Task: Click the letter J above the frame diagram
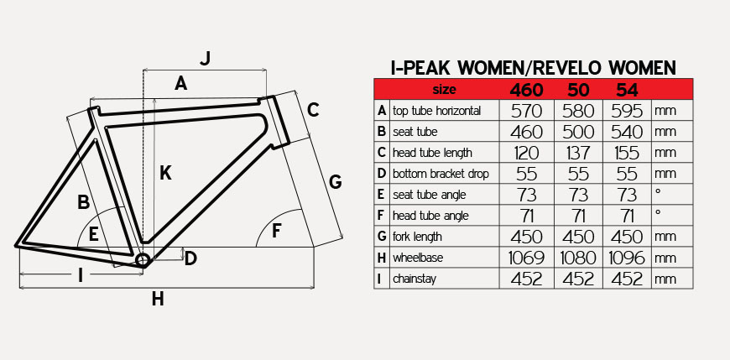pos(206,58)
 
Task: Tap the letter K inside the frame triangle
pos(165,173)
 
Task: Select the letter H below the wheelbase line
pos(158,299)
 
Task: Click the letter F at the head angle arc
pos(277,231)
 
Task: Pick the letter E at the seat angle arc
pos(94,234)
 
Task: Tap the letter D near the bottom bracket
pos(190,259)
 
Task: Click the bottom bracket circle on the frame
pos(143,260)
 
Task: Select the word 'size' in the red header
pos(444,89)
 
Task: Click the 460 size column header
pos(527,90)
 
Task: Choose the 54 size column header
pos(627,90)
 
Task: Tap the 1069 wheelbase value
pos(527,258)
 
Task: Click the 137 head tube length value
pos(578,152)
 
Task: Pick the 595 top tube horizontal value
pos(627,111)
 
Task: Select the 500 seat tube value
pos(578,132)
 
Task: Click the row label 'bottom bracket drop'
pos(441,174)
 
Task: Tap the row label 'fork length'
pos(417,237)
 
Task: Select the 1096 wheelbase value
pos(627,258)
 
